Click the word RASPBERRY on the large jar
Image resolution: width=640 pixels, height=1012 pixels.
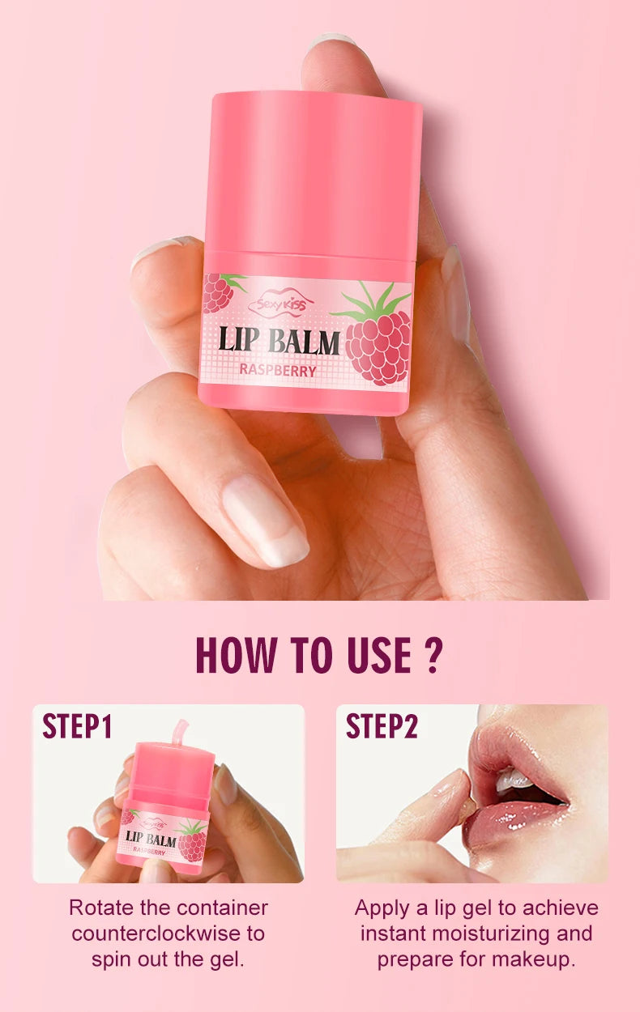278,371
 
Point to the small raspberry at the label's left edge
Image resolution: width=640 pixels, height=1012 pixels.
217,292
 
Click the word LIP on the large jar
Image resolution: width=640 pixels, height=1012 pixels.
237,341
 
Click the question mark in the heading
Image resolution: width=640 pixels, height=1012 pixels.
433,656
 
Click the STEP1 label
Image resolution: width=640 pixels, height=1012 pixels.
77,726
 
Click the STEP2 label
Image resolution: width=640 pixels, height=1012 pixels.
382,726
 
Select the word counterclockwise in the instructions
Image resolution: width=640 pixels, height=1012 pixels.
168,933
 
